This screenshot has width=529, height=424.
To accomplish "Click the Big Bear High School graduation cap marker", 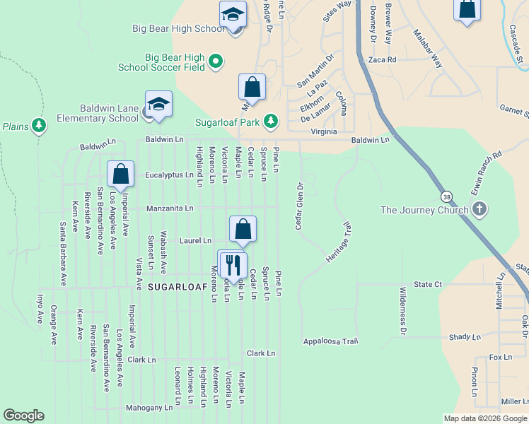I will pyautogui.click(x=232, y=15).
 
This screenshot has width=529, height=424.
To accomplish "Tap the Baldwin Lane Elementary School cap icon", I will pyautogui.click(x=158, y=104).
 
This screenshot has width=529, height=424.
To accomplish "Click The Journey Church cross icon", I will pyautogui.click(x=479, y=209).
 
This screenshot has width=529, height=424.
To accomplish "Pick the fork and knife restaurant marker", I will pyautogui.click(x=233, y=265).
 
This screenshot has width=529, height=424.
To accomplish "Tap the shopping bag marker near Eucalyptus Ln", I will pyautogui.click(x=121, y=174).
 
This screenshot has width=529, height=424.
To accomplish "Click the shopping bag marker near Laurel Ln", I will pyautogui.click(x=243, y=228).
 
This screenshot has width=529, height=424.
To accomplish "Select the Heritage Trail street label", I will pyautogui.click(x=339, y=243).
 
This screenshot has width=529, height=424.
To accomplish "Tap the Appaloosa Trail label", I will pyautogui.click(x=331, y=341).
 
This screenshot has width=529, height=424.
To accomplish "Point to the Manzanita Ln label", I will pyautogui.click(x=170, y=208).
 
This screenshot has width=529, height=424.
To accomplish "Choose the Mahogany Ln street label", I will pyautogui.click(x=149, y=408).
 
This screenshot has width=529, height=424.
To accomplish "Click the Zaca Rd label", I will pyautogui.click(x=382, y=60).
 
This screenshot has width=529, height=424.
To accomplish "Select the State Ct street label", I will pyautogui.click(x=428, y=284).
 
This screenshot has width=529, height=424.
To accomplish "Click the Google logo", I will pyautogui.click(x=24, y=416).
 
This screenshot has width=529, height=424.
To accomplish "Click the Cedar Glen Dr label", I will pyautogui.click(x=299, y=206).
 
